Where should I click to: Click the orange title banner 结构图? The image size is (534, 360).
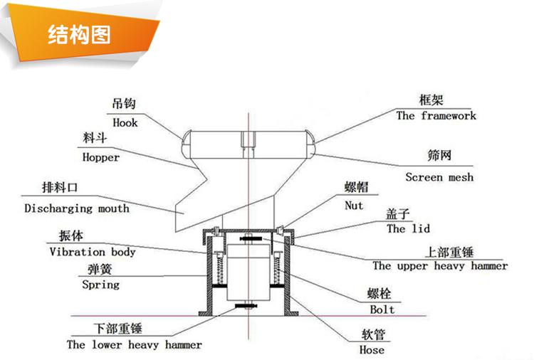tap(79, 33)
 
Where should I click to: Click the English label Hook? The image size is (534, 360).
tap(125, 122)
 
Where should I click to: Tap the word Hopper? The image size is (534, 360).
tap(100, 157)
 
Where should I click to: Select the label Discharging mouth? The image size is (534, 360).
tap(77, 208)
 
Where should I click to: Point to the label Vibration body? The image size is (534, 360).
tap(92, 252)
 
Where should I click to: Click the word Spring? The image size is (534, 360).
tap(100, 285)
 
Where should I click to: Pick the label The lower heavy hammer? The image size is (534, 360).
tap(134, 345)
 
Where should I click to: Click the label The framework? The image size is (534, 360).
tap(436, 115)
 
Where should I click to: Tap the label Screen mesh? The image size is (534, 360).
tap(439, 177)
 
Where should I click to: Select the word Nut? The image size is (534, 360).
tap(354, 206)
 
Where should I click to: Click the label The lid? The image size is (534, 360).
tap(408, 229)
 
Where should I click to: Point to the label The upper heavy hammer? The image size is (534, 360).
tap(440, 266)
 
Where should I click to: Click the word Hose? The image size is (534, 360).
tap(372, 349)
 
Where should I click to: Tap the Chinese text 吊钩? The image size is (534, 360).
tap(123, 105)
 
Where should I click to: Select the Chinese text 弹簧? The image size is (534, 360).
tap(99, 269)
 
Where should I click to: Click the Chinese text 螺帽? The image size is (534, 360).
tap(355, 188)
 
